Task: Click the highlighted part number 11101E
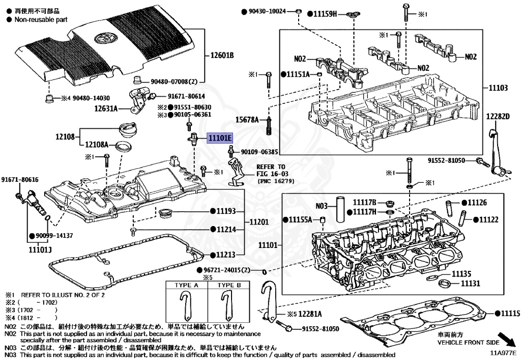219,138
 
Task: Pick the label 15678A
247,120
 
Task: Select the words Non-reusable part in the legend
40,19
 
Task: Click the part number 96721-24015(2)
229,269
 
